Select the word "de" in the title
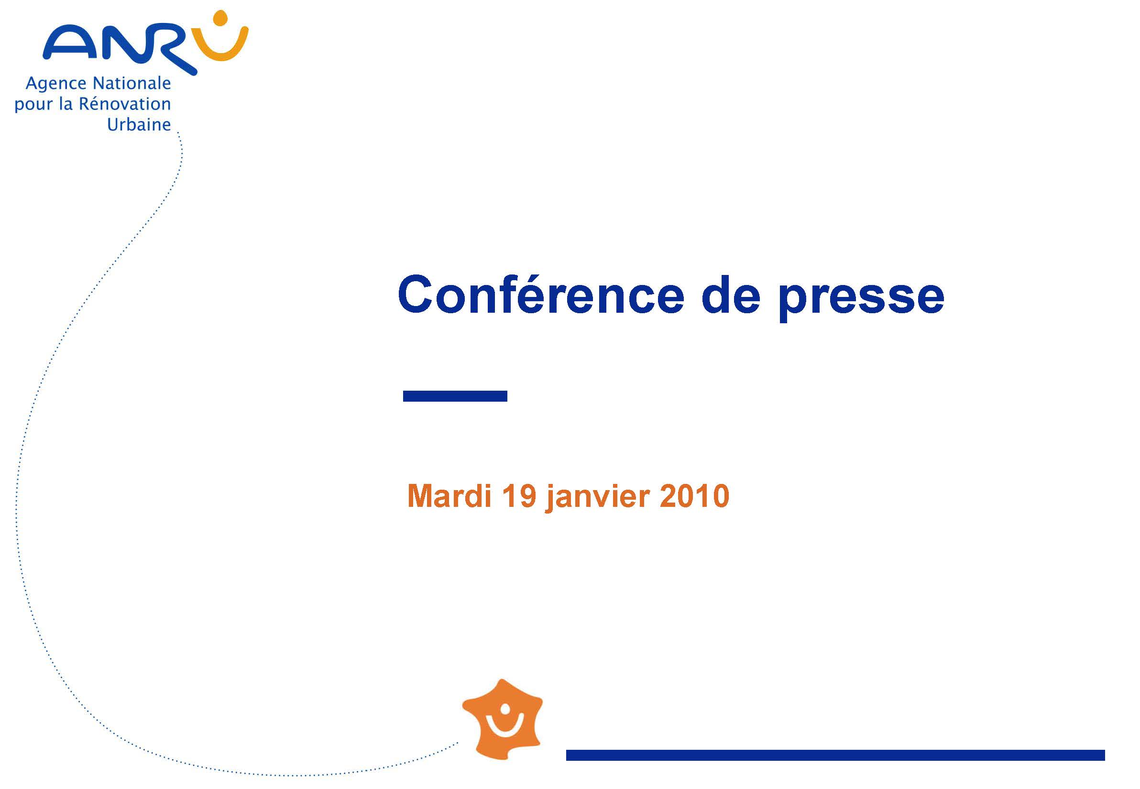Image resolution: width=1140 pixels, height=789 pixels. point(731,295)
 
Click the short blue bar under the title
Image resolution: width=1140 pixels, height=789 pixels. point(455,396)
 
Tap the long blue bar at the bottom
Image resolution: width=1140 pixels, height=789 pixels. point(835,755)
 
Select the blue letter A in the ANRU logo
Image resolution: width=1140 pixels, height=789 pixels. point(71,43)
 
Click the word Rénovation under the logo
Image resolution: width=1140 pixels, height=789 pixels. point(125,103)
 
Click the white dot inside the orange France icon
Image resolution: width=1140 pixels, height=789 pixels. point(505,709)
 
